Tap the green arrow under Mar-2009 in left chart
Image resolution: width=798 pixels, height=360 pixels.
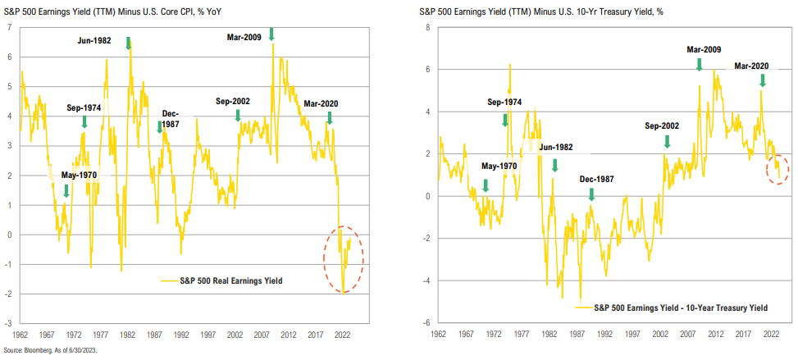[271, 34]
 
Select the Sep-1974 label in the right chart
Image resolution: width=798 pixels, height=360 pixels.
[504, 103]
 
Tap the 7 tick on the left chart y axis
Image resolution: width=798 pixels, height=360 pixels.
[8, 28]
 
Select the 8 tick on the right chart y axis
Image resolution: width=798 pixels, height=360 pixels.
[426, 28]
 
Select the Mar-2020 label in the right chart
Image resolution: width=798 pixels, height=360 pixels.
[752, 66]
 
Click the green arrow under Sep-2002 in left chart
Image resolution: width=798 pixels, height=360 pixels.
[239, 116]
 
